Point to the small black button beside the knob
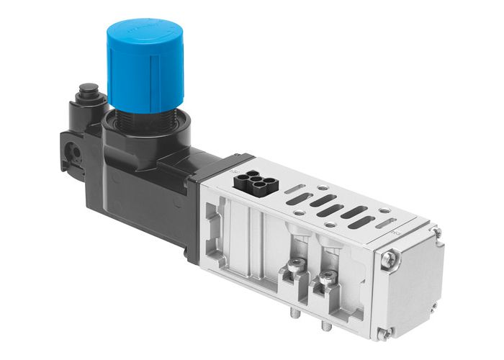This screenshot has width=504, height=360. coord(89,91)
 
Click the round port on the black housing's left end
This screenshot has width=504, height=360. coord(73,153)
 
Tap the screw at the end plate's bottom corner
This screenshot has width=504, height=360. coord(385,333)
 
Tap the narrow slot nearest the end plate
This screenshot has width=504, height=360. coord(385,223)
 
